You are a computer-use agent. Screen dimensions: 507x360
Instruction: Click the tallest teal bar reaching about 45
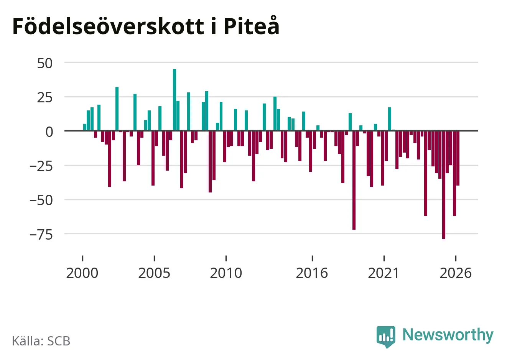pyautogui.click(x=174, y=100)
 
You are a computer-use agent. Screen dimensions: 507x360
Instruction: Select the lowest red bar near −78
pyautogui.click(x=444, y=185)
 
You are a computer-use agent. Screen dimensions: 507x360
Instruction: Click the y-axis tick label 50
pyautogui.click(x=45, y=63)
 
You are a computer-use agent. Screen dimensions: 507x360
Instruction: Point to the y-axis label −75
pyautogui.click(x=41, y=235)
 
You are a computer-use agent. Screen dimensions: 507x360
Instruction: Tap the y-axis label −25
pyautogui.click(x=41, y=166)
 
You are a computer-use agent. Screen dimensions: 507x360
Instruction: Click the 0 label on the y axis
pyautogui.click(x=49, y=132)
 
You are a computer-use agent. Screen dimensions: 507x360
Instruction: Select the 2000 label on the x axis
pyautogui.click(x=82, y=273)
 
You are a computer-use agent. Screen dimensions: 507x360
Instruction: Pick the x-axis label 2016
pyautogui.click(x=312, y=273)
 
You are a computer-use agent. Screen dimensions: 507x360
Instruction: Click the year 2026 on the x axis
pyautogui.click(x=456, y=273)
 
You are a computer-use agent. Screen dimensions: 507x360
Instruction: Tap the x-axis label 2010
pyautogui.click(x=226, y=273)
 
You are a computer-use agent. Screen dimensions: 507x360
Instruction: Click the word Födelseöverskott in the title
pyautogui.click(x=109, y=26)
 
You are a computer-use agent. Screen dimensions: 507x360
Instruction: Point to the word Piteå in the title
pyautogui.click(x=252, y=25)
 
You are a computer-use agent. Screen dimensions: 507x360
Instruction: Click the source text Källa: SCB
pyautogui.click(x=41, y=341)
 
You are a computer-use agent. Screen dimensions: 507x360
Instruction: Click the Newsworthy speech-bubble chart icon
pyautogui.click(x=386, y=337)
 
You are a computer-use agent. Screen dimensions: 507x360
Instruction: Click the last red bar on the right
pyautogui.click(x=458, y=158)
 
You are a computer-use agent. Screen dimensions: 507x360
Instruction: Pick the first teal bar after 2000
pyautogui.click(x=85, y=127)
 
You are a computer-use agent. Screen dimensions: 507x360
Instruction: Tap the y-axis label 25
pyautogui.click(x=45, y=98)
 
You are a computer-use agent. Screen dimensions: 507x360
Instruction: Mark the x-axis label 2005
pyautogui.click(x=154, y=273)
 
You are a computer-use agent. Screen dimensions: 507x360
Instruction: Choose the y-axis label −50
pyautogui.click(x=41, y=201)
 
